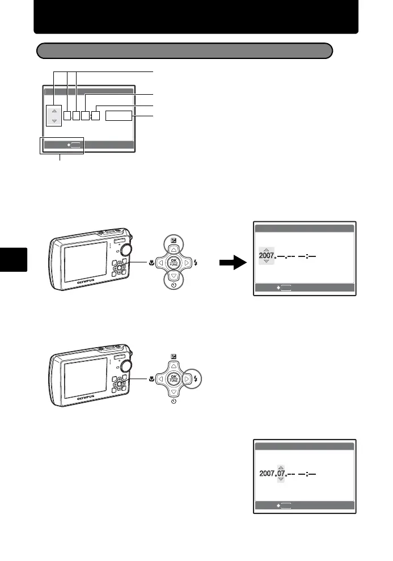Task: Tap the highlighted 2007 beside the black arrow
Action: click(x=266, y=256)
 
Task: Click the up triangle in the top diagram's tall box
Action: click(x=54, y=111)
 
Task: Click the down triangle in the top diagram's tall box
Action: click(x=54, y=121)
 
